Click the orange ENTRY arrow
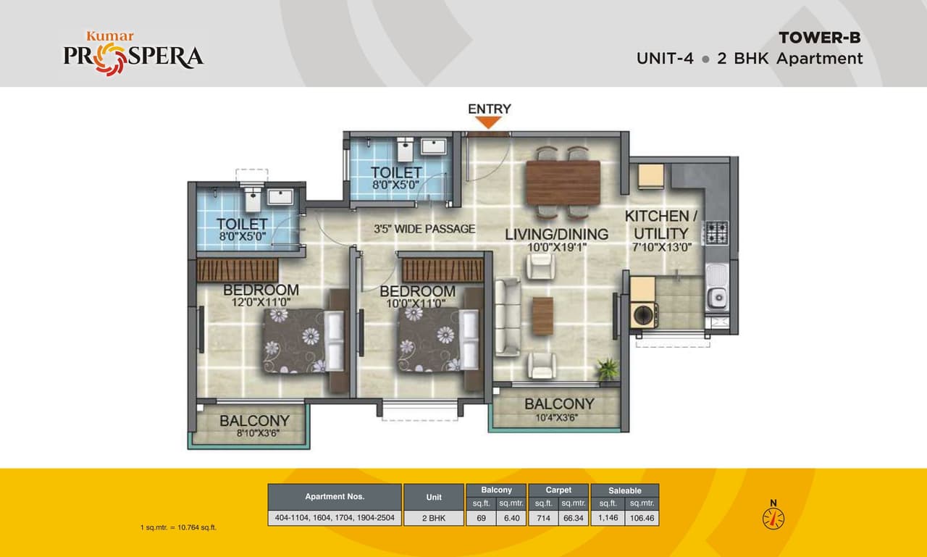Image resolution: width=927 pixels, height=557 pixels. click(x=490, y=122)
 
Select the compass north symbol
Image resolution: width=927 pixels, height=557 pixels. click(x=773, y=516)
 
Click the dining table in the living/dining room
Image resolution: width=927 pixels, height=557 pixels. click(x=563, y=183)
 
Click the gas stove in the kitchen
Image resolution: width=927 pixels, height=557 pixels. click(x=717, y=233)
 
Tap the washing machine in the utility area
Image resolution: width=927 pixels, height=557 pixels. click(x=644, y=314)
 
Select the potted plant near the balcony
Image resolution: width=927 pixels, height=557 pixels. click(x=607, y=369)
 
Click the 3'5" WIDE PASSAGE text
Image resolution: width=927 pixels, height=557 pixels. click(x=424, y=229)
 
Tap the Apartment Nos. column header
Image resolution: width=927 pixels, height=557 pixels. click(x=335, y=497)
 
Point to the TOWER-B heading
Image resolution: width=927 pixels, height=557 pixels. click(x=819, y=38)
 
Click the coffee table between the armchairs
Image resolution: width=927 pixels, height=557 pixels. click(x=542, y=317)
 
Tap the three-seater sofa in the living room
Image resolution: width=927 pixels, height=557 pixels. click(x=507, y=317)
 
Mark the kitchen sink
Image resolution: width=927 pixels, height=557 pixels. click(x=717, y=296)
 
